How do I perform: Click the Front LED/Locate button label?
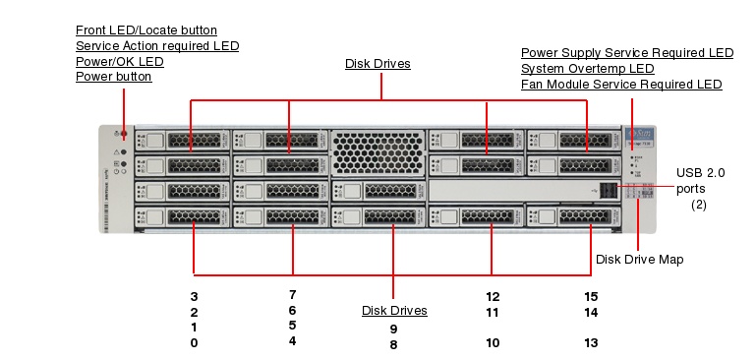146,30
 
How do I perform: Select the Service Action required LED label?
157,46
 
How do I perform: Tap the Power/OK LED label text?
120,61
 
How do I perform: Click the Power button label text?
113,77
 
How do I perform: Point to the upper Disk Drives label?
378,64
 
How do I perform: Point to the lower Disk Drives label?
394,311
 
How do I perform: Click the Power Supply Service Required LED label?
627,53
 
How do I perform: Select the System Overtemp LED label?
587,69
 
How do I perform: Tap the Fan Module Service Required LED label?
621,85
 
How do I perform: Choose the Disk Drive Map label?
640,260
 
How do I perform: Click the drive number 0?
195,343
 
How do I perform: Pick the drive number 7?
293,294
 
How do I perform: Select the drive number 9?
393,329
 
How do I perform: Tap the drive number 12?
493,296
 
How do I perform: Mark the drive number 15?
591,296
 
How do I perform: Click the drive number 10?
493,343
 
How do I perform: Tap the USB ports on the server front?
610,189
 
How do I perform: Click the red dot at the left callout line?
124,132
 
